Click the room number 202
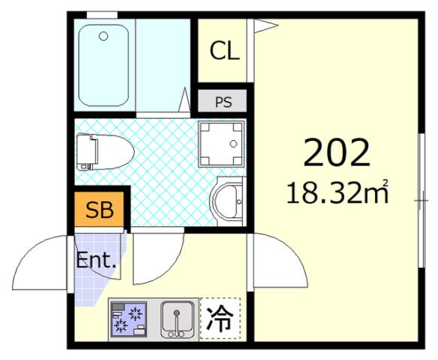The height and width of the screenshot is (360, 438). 336,154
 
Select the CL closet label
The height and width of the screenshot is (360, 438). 224,51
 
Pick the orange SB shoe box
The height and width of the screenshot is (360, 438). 100,211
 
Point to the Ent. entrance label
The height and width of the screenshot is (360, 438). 96,261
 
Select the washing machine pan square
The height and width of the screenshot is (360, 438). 221,143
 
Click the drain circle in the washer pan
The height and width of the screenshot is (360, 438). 235,142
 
